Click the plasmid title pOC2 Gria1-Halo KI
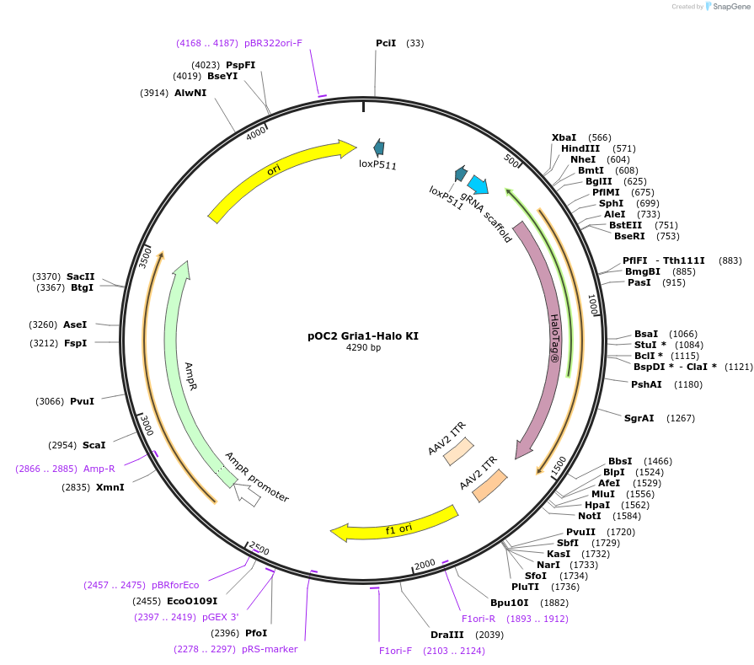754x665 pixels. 362,335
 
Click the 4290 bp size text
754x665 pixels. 363,348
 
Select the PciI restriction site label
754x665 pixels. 386,43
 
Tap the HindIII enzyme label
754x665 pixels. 580,148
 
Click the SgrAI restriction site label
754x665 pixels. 639,418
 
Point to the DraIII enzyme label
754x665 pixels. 447,634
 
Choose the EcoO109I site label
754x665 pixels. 192,601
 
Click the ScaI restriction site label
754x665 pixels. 94,445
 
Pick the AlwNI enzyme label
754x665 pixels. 190,93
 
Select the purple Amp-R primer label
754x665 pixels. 99,469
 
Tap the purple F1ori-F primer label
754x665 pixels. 396,651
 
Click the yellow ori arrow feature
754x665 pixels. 278,174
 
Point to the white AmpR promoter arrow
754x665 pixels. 247,495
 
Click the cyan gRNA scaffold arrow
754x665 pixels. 478,185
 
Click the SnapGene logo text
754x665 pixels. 730,7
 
